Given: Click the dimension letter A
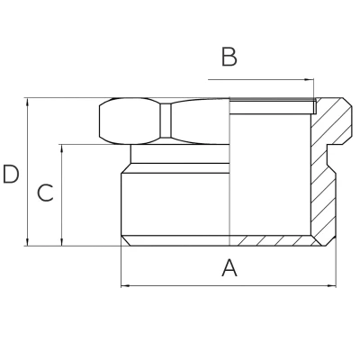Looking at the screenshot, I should (229, 268).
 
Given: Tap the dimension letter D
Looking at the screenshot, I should (11, 174).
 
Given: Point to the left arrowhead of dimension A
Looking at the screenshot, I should (124, 286).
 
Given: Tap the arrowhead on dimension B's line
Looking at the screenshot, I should (313, 80).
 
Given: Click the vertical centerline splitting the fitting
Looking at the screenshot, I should (230, 180).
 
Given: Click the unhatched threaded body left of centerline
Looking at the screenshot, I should (175, 202).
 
